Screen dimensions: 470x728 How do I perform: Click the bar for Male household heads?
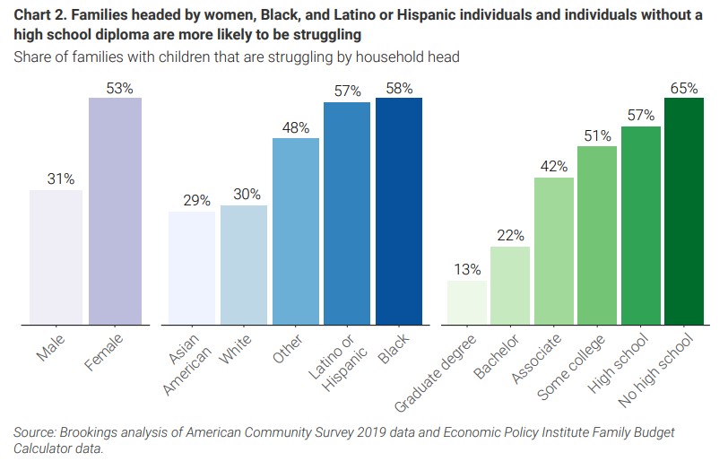(x=56, y=257)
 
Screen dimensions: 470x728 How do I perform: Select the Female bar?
(x=115, y=211)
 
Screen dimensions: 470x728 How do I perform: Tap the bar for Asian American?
(x=192, y=267)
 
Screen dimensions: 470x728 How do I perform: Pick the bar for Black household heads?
(x=398, y=211)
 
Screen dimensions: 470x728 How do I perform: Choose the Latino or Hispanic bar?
(x=347, y=213)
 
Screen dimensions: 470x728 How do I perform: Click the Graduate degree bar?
(x=467, y=301)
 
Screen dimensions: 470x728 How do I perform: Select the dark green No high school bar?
(x=684, y=211)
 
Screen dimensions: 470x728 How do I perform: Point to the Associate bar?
(x=554, y=250)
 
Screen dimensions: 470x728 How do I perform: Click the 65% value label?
(x=684, y=88)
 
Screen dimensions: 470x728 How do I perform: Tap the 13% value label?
(x=467, y=269)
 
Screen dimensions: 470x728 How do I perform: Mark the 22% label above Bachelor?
(x=510, y=235)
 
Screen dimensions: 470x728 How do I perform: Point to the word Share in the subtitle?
(x=32, y=57)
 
